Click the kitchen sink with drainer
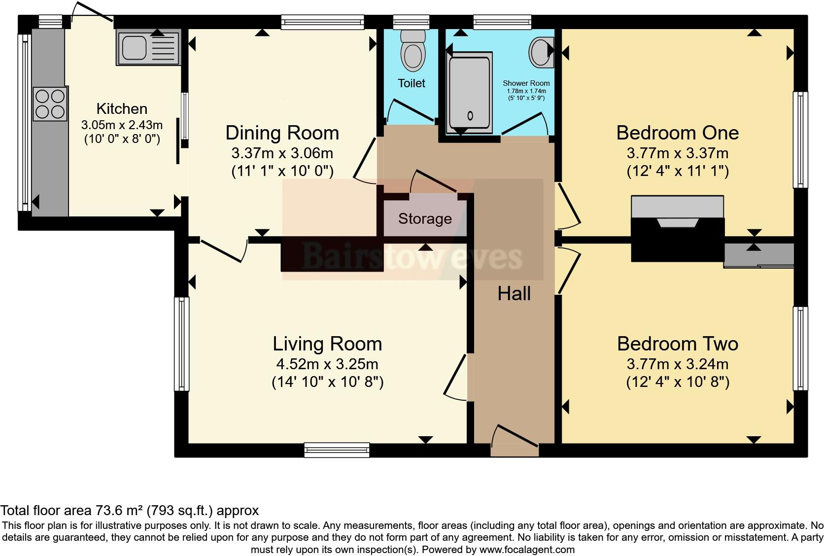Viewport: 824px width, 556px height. [148, 48]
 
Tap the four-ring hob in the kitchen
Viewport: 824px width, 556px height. [49, 104]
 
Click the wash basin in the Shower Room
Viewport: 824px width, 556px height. [540, 51]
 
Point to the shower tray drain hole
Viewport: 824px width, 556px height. [470, 116]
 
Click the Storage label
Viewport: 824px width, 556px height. [425, 218]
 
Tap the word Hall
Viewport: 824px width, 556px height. [514, 294]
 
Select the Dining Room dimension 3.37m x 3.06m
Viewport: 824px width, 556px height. [282, 153]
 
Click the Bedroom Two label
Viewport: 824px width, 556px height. [677, 344]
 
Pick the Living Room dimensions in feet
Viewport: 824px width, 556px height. [327, 382]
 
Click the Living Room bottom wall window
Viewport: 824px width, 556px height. [337, 450]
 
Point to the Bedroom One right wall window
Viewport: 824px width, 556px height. [800, 139]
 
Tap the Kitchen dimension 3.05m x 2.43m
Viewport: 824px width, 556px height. [122, 125]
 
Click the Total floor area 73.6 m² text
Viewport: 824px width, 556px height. [129, 510]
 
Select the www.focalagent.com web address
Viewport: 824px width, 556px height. [527, 549]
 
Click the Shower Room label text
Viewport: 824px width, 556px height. [526, 83]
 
